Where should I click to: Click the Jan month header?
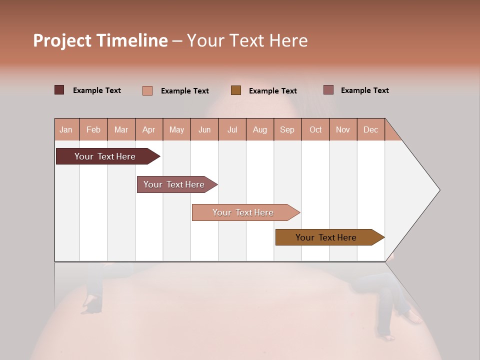(x=66, y=130)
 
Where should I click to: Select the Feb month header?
(x=93, y=130)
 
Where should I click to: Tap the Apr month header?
(x=148, y=130)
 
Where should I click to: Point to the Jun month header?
(x=204, y=130)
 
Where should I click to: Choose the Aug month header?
(x=259, y=130)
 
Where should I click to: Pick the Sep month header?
(x=287, y=130)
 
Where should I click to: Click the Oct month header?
(x=315, y=130)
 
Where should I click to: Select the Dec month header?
(x=370, y=130)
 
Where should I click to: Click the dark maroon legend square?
(x=59, y=90)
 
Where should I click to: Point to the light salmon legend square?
(x=147, y=90)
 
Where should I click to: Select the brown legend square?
(x=236, y=90)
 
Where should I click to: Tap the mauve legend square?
(x=328, y=90)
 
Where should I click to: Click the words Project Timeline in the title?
(x=100, y=40)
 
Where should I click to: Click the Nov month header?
(x=343, y=130)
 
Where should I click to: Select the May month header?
(x=176, y=130)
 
